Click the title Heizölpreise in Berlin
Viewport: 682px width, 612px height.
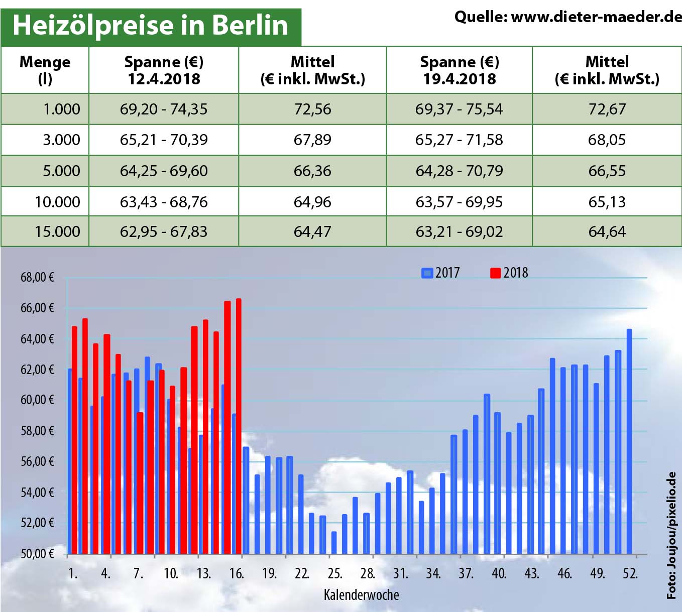[150, 25]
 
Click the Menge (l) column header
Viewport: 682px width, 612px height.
[45, 70]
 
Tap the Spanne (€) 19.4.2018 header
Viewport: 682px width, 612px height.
[459, 70]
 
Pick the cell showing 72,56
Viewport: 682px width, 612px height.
[312, 109]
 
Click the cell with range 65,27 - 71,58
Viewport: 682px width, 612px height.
[459, 140]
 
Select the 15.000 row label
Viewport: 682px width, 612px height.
[57, 231]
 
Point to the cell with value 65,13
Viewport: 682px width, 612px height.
[607, 202]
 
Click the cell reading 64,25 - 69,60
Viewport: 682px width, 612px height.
[164, 171]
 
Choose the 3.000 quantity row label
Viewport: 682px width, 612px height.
[61, 140]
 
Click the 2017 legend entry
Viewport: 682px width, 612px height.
[441, 273]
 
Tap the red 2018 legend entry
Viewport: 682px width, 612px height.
[509, 273]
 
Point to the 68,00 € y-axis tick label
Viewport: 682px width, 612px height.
[37, 277]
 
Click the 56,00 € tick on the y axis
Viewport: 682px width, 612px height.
[37, 461]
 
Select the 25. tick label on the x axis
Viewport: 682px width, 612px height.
[334, 573]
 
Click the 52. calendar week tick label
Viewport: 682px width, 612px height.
[630, 573]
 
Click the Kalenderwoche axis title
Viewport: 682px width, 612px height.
[361, 595]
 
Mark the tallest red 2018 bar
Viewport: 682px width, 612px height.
[239, 427]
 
